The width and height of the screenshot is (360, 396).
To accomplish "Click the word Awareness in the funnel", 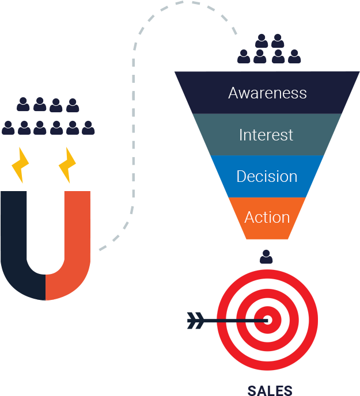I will tap(267, 93).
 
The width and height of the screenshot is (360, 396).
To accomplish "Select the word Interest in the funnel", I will tap(266, 135).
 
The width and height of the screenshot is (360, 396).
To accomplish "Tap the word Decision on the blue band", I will tap(267, 176).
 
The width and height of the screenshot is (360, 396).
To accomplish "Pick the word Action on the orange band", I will tap(267, 217).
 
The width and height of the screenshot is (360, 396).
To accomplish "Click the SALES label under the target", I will tap(270, 390).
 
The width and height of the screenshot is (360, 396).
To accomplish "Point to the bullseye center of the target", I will tap(267, 319).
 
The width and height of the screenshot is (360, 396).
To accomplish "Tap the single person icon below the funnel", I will tap(266, 257).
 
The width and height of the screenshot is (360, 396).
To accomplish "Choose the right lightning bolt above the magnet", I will tap(68, 165).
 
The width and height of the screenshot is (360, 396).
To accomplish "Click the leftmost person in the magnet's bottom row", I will tap(8, 128).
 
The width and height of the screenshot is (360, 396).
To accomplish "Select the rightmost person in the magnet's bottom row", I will tap(88, 128).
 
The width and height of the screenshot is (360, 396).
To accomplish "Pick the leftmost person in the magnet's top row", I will tap(23, 105).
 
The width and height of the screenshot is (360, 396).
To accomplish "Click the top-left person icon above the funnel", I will tap(262, 41).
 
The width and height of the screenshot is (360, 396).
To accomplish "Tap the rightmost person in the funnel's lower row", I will tap(294, 56).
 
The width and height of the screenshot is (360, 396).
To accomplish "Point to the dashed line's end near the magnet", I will tap(101, 249).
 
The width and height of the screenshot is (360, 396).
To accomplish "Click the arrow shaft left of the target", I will tap(230, 320).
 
